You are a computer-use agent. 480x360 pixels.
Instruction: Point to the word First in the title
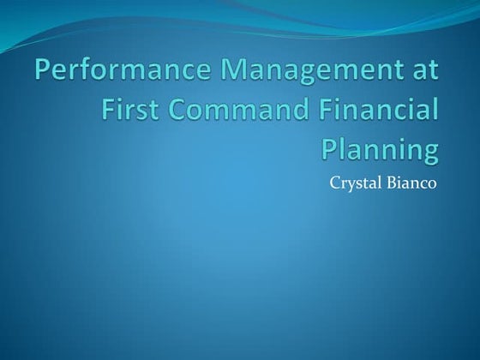point(128,111)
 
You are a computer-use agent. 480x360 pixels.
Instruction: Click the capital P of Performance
point(42,73)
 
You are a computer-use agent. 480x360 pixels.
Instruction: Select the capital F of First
point(106,111)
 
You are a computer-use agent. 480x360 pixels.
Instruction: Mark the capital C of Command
point(168,111)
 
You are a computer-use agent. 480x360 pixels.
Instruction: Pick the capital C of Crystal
point(333,181)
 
